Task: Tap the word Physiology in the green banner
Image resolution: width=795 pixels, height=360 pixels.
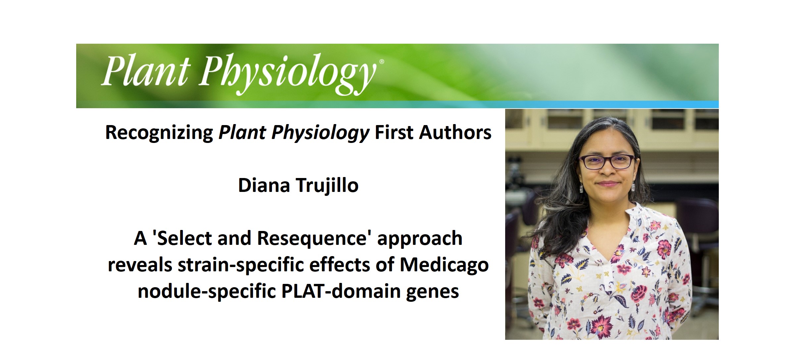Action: click(287, 73)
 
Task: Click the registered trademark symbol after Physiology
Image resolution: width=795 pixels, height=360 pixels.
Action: click(382, 62)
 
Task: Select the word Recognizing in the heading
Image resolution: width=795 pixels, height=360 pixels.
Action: click(159, 133)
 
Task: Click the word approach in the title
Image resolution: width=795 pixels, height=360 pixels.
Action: click(420, 239)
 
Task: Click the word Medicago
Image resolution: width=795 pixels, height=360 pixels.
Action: click(444, 265)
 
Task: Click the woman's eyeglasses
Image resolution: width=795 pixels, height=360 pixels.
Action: click(607, 162)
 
